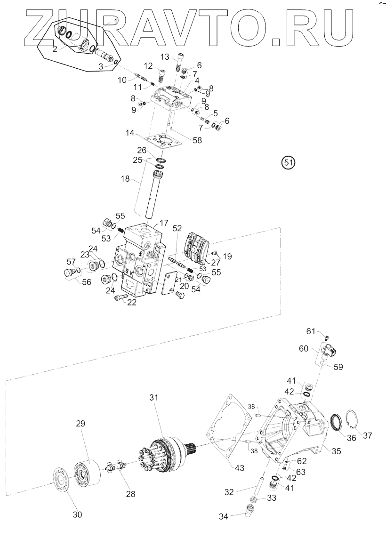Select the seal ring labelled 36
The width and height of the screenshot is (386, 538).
pos(336,422)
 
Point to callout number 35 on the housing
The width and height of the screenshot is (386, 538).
pos(336,450)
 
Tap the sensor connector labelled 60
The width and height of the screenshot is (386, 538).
pos(331,351)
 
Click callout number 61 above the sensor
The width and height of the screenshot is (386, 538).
pos(310,332)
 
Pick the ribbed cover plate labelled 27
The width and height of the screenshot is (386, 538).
pos(196,245)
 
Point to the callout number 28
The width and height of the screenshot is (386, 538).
pos(130,494)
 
